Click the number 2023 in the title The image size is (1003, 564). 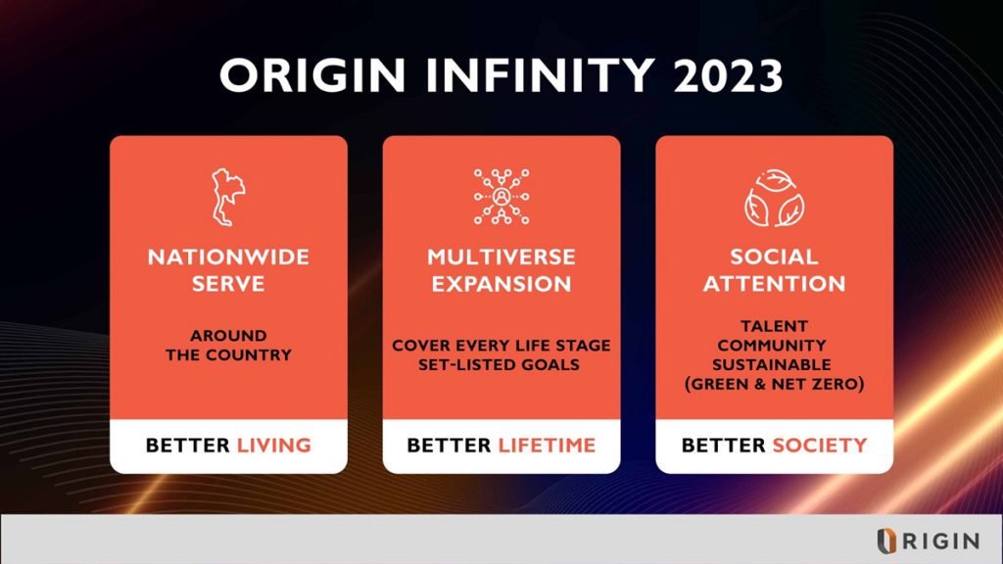coord(728,75)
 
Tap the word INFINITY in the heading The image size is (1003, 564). coord(540,75)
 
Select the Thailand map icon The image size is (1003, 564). coord(228,197)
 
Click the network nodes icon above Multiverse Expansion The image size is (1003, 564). coord(501,197)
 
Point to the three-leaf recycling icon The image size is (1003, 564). coord(774,198)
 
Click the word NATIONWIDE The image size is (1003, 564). coord(228,258)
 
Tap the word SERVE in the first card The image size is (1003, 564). coord(228,284)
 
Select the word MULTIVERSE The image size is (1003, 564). coord(501,258)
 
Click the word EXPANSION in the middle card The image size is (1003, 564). coord(501,284)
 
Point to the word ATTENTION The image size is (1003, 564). coord(774,284)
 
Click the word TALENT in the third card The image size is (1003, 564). coord(774,326)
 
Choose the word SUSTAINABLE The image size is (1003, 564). coord(772,364)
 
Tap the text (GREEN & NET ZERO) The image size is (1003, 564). coord(774,384)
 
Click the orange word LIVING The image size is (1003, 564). coord(274,446)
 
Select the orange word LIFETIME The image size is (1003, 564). coord(547,446)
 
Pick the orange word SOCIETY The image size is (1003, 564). coord(820,446)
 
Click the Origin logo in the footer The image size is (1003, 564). coord(928,540)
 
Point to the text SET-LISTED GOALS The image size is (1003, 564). coord(499,364)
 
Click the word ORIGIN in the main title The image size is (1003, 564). coord(312,75)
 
